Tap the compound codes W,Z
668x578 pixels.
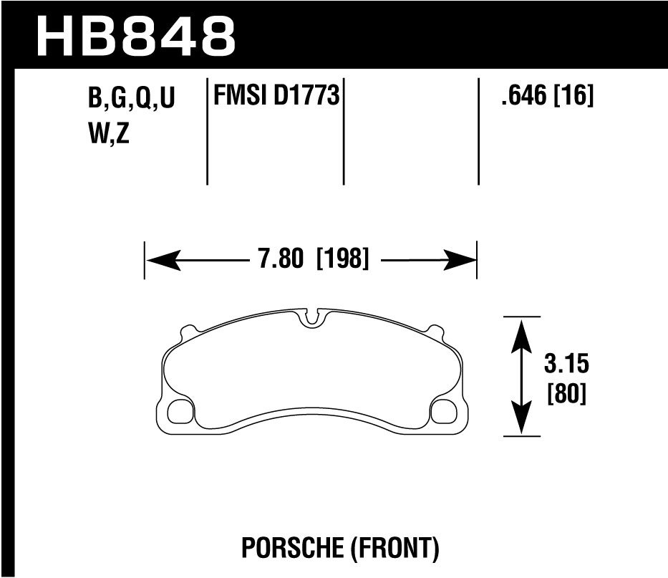(x=108, y=134)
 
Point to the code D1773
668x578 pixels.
(x=306, y=95)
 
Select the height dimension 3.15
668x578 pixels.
(x=566, y=365)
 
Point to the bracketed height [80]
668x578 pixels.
(x=566, y=394)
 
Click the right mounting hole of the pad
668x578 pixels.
(x=444, y=411)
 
